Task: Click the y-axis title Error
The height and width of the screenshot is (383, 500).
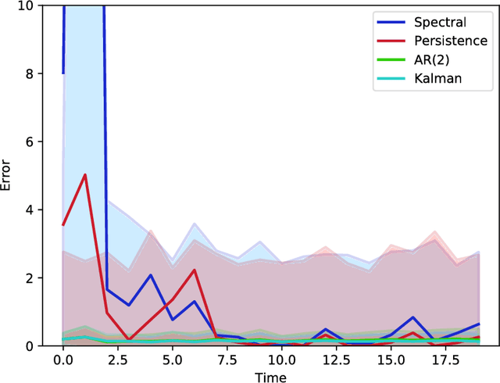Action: click(7, 175)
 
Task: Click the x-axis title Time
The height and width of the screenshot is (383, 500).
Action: click(271, 376)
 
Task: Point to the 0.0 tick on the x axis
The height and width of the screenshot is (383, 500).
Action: click(62, 359)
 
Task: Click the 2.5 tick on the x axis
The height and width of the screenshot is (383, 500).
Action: click(117, 359)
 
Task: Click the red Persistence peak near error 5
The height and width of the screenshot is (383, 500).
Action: click(85, 175)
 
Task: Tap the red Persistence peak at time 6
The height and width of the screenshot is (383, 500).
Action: click(194, 270)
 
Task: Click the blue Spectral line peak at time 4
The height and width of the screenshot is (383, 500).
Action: click(150, 275)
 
